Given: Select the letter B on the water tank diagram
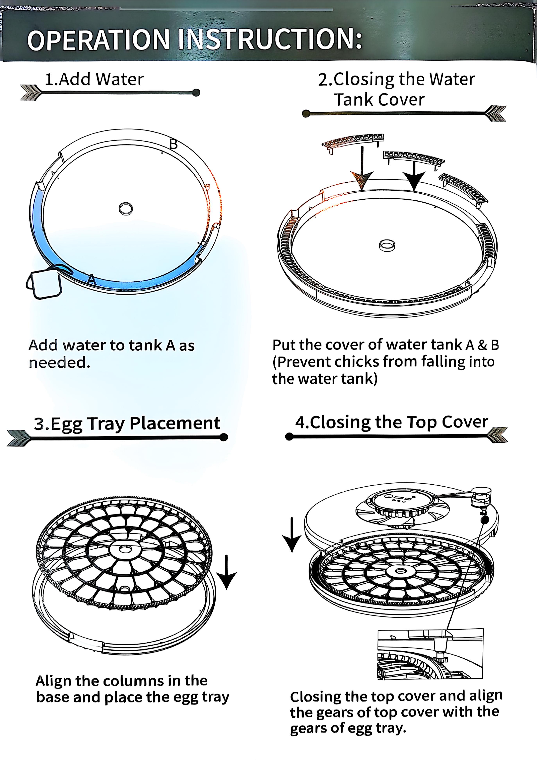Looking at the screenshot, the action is pyautogui.click(x=173, y=144).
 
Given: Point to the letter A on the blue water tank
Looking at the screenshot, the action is pyautogui.click(x=92, y=280).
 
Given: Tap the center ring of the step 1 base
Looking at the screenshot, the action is pyautogui.click(x=126, y=209).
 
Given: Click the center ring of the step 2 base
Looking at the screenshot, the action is pyautogui.click(x=387, y=245).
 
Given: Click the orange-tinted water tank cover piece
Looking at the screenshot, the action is pyautogui.click(x=353, y=142).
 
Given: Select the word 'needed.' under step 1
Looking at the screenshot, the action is pyautogui.click(x=59, y=363).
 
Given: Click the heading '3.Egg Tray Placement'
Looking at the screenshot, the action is pyautogui.click(x=127, y=423).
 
